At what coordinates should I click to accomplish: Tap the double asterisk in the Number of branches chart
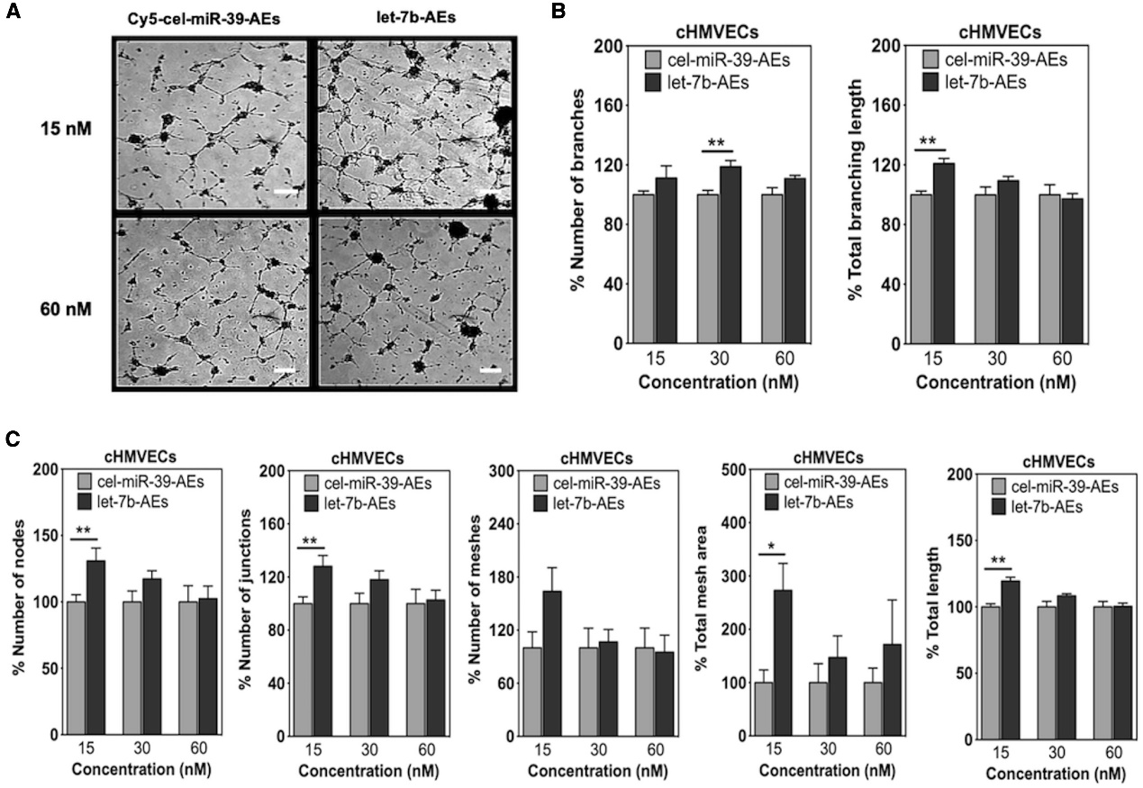[x=716, y=142]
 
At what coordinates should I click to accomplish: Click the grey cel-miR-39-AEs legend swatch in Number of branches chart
[x=655, y=61]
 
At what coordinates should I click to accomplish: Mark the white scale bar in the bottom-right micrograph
[x=490, y=369]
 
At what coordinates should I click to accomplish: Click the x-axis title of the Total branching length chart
[x=996, y=383]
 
